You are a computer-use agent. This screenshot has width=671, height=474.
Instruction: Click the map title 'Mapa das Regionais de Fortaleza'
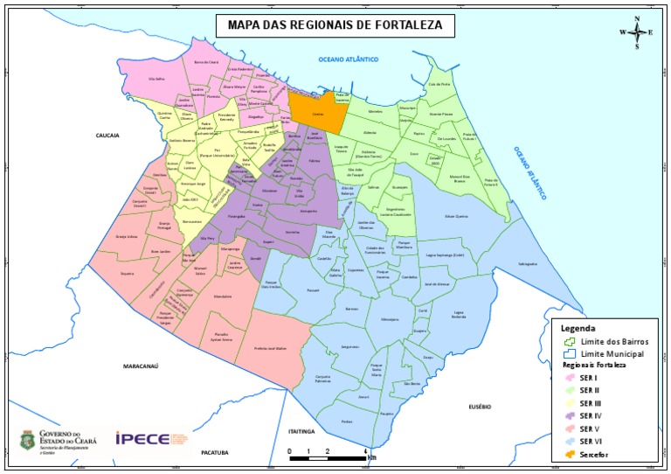point(335,26)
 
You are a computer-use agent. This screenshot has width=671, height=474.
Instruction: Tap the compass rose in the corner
point(637,32)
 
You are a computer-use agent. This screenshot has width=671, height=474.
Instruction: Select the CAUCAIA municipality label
point(107,136)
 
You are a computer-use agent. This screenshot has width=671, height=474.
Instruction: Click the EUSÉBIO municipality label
point(481,406)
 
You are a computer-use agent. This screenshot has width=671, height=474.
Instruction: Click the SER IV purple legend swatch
point(570,415)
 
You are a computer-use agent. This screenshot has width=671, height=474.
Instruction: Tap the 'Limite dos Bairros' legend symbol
point(570,341)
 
